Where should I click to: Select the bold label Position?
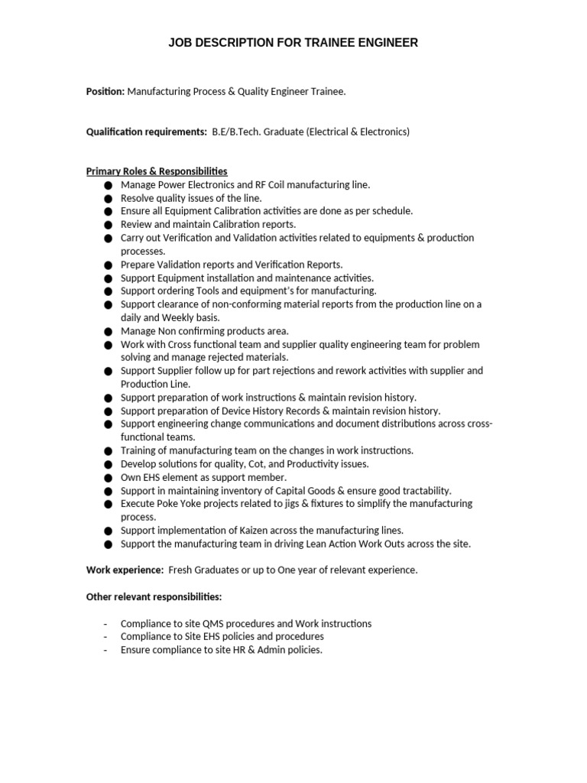[105, 91]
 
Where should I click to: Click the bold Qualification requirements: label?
[146, 132]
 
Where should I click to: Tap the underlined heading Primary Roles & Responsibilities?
[157, 171]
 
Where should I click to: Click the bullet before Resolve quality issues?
[107, 198]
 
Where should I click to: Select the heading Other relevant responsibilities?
[154, 596]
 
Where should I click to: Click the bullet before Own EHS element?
[107, 477]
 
